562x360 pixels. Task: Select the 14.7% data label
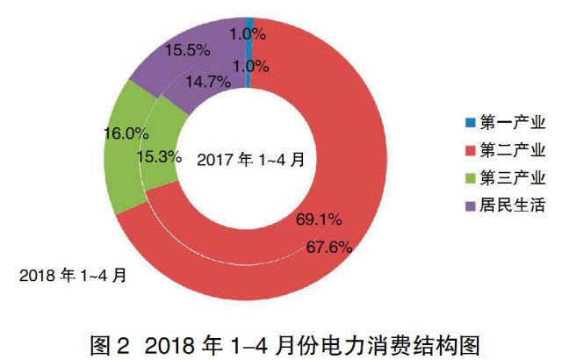(x=209, y=83)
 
